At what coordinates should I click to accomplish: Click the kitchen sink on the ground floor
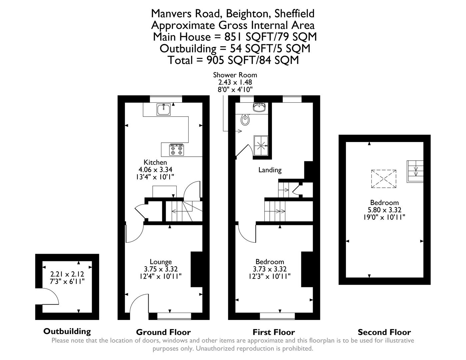[164, 109]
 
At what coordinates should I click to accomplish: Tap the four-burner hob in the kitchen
[176, 150]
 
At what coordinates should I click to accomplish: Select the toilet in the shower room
[245, 120]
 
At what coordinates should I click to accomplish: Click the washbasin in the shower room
[259, 107]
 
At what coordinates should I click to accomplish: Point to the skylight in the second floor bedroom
[384, 179]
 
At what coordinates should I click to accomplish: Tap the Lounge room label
[161, 262]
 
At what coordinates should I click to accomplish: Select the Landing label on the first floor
[270, 170]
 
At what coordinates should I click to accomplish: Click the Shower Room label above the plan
[235, 75]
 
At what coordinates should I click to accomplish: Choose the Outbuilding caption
[67, 331]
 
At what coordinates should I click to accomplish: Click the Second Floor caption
[384, 332]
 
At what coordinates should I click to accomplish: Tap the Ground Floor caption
[163, 332]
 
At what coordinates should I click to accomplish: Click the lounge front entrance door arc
[138, 303]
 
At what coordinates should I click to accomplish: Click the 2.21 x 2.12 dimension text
[67, 274]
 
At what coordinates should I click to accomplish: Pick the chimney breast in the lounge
[196, 269]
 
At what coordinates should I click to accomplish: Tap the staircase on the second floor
[415, 171]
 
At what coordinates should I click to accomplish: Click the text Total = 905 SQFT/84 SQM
[233, 60]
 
